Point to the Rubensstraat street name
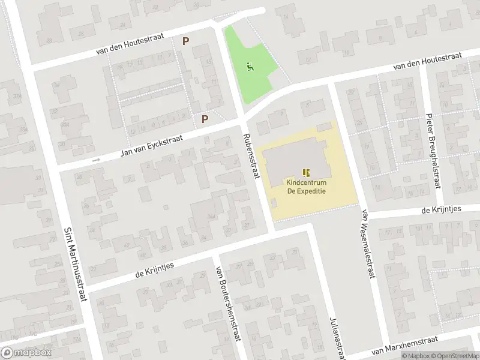pyautogui.click(x=251, y=155)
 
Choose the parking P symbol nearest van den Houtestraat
pyautogui.click(x=186, y=41)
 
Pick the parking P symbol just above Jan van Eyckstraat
pyautogui.click(x=205, y=119)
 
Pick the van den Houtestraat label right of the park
pyautogui.click(x=427, y=62)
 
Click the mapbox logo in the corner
pyautogui.click(x=26, y=353)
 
